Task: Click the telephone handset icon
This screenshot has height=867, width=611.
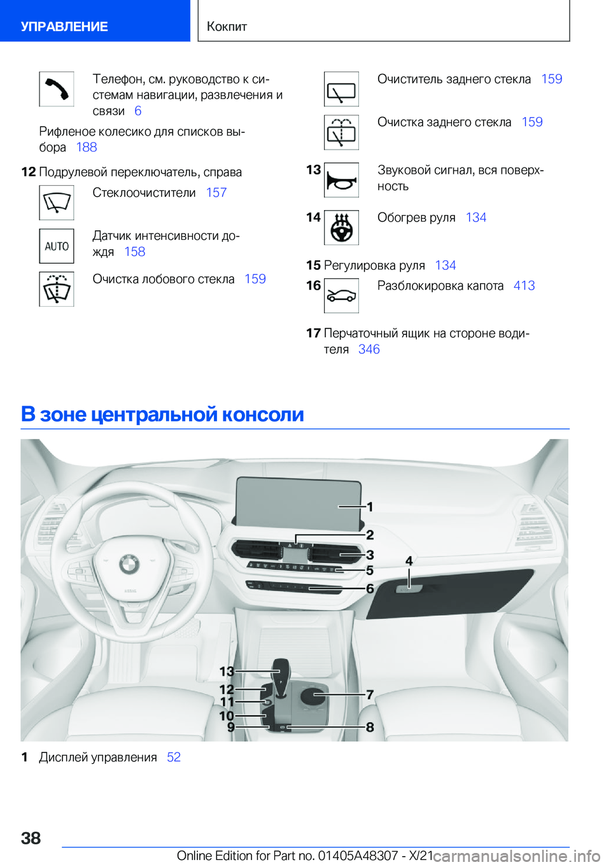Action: tap(57, 89)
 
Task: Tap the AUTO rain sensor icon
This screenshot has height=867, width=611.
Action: tap(57, 246)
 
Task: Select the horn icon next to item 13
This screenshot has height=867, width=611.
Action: tap(341, 180)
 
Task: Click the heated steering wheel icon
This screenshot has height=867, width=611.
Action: tap(341, 228)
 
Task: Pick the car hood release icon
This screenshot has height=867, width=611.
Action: tap(341, 296)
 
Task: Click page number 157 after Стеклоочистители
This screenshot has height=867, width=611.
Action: tap(216, 193)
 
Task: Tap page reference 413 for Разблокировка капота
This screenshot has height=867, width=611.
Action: tap(524, 286)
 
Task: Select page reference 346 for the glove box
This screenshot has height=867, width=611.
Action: tap(369, 349)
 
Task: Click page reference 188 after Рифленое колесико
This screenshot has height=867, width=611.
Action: tap(87, 148)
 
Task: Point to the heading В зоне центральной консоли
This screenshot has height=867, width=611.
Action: tap(162, 414)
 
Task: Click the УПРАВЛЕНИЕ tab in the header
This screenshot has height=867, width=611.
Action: tap(64, 27)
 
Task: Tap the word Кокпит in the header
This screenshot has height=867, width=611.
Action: tap(227, 27)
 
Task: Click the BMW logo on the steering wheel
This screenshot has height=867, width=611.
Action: tap(129, 563)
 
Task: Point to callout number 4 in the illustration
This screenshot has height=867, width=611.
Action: tap(409, 561)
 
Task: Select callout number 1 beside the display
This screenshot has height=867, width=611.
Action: tap(370, 507)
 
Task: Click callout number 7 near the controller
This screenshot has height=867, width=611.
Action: tap(370, 694)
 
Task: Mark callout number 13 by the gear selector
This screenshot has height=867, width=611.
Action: tap(227, 671)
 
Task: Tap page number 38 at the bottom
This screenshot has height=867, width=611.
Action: tap(31, 838)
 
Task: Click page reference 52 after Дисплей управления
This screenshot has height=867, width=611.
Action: tap(174, 758)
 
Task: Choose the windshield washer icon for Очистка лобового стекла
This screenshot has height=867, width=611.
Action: tap(57, 290)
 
